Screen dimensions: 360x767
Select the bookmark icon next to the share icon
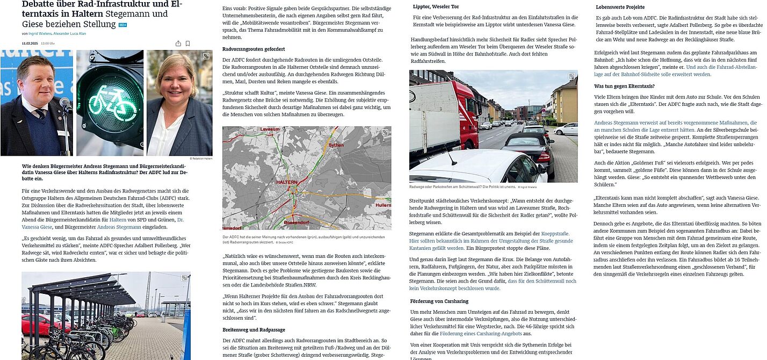(x=187, y=44)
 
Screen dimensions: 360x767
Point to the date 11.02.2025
(x=30, y=44)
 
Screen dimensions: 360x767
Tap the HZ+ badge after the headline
(x=122, y=25)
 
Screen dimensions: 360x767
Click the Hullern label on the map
(x=383, y=205)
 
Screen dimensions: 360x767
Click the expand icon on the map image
(x=385, y=132)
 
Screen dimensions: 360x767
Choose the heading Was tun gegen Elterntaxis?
(x=624, y=86)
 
